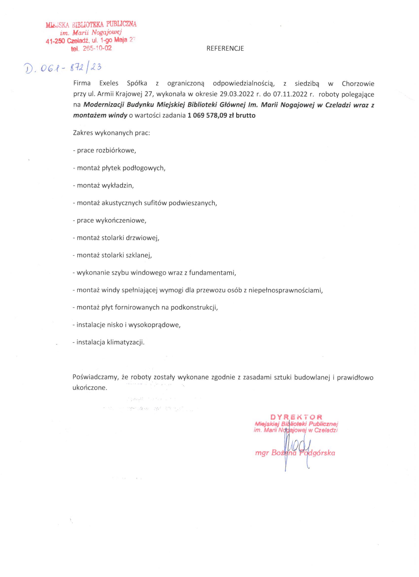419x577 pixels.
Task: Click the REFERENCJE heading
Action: [x=225, y=49]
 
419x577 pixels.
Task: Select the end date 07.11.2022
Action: [x=291, y=94]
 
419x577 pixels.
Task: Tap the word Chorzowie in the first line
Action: [x=358, y=83]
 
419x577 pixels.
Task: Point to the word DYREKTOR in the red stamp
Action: [x=296, y=417]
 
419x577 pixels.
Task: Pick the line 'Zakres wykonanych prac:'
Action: [x=112, y=133]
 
